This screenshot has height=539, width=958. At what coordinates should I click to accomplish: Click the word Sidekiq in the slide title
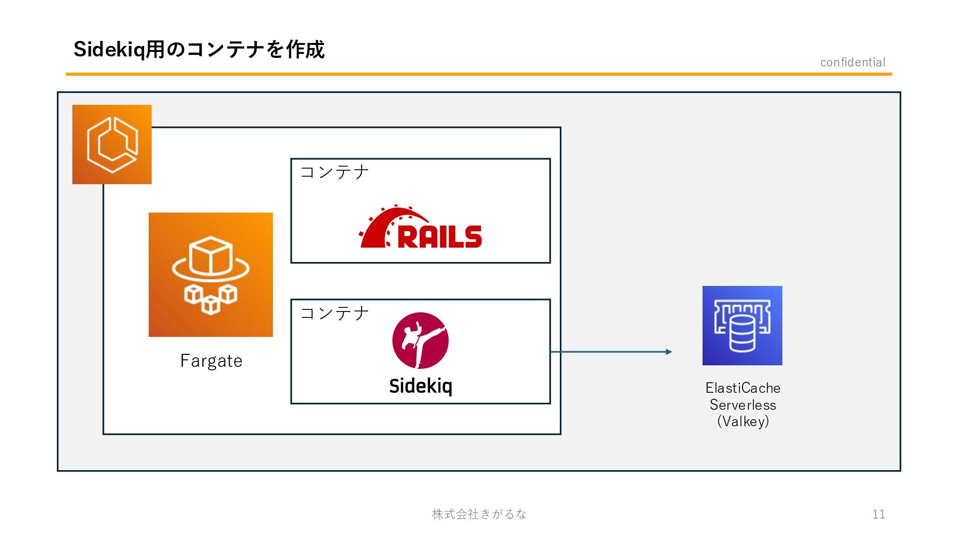(x=109, y=50)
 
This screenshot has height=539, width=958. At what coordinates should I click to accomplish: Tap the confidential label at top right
(x=853, y=62)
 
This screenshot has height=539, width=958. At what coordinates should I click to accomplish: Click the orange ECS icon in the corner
(x=112, y=144)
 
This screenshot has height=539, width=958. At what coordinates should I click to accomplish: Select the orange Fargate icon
(x=211, y=274)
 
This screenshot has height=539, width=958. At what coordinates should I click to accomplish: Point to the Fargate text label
(x=211, y=360)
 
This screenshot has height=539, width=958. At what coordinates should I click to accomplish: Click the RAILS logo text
(x=440, y=237)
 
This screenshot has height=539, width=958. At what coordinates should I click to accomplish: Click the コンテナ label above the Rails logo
(x=334, y=172)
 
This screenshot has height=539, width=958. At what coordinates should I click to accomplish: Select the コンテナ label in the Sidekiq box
(x=334, y=313)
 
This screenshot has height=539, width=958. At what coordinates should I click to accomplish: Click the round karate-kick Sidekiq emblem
(x=420, y=340)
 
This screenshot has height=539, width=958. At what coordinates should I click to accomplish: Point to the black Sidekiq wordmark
(x=421, y=386)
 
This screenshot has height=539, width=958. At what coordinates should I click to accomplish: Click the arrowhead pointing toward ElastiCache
(x=669, y=352)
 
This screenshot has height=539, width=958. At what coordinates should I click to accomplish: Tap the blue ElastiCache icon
(x=742, y=325)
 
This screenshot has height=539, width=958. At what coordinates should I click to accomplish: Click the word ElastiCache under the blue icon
(x=742, y=388)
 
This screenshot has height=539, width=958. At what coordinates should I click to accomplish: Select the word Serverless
(x=743, y=405)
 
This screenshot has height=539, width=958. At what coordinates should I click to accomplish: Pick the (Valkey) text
(x=743, y=421)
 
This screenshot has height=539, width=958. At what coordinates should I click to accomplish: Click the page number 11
(x=879, y=514)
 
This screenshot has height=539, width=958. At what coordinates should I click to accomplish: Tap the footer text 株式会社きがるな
(x=479, y=514)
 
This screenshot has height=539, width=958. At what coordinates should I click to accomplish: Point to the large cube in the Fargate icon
(x=211, y=256)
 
